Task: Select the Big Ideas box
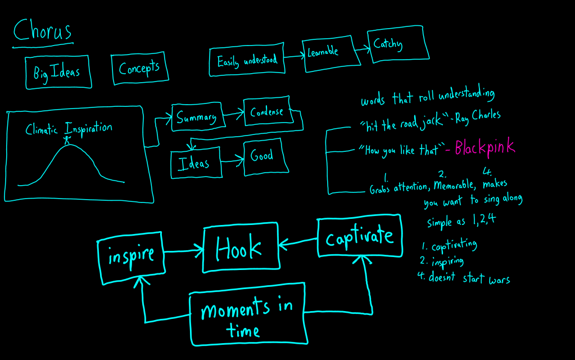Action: click(x=58, y=72)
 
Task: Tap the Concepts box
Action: click(x=139, y=69)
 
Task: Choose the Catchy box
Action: click(x=397, y=43)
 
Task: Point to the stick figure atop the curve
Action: click(x=68, y=137)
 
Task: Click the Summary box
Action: click(x=197, y=117)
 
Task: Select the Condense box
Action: click(x=268, y=112)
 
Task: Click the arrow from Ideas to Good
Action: click(x=232, y=161)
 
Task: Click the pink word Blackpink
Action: click(x=485, y=147)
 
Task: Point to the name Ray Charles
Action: click(x=478, y=117)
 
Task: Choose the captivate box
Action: click(x=360, y=236)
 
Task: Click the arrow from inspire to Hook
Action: click(x=184, y=250)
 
